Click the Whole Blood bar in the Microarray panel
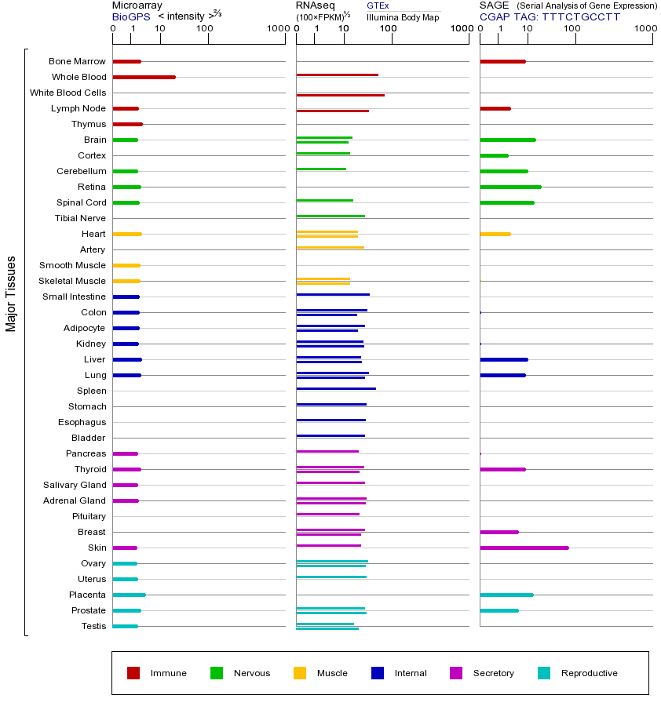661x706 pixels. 144,77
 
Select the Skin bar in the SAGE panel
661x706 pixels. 524,548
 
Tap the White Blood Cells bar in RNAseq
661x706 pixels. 340,95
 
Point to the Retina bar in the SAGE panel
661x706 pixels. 510,187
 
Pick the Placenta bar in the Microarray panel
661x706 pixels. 129,595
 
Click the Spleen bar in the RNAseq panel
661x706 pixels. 336,388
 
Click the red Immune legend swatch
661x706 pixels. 133,673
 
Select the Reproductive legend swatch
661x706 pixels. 544,673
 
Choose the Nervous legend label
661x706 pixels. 251,673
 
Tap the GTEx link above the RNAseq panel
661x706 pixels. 378,5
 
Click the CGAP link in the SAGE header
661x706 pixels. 494,16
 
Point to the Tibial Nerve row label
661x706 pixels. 80,218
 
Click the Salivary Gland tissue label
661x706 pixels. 75,485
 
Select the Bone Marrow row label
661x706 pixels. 77,61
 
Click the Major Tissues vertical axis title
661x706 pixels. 11,293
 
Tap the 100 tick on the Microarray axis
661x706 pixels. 204,29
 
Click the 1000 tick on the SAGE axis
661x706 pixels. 645,29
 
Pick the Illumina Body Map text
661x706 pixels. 403,17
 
